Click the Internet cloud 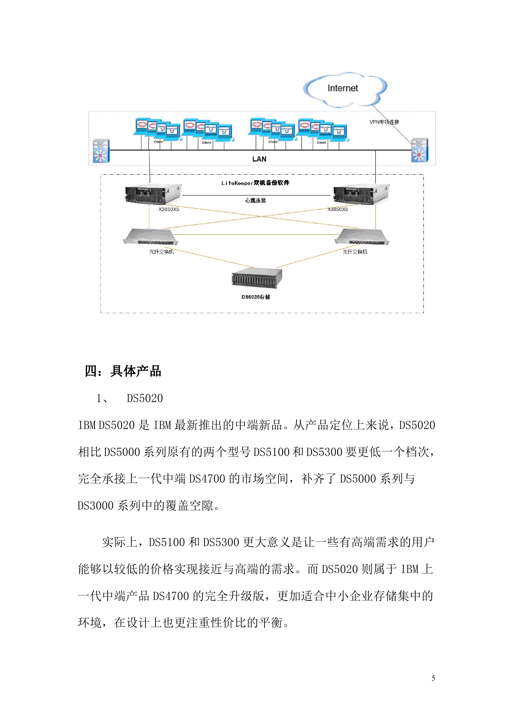pyautogui.click(x=344, y=89)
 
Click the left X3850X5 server pyautogui.click(x=153, y=194)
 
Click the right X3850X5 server pyautogui.click(x=361, y=194)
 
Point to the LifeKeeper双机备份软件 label pyautogui.click(x=255, y=183)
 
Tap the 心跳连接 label pyautogui.click(x=256, y=200)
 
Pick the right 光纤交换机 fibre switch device pyautogui.click(x=362, y=236)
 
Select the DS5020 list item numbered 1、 pyautogui.click(x=145, y=399)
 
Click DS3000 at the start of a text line pyautogui.click(x=95, y=506)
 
